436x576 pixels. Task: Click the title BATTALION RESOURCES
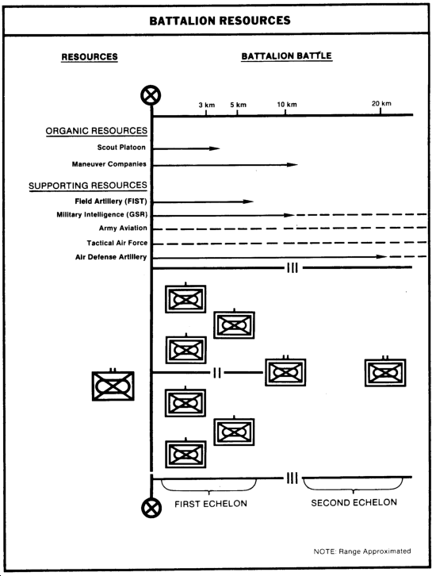(220, 21)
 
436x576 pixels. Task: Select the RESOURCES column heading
(90, 57)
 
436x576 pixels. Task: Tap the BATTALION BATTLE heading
(287, 56)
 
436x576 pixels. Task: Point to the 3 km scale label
(207, 105)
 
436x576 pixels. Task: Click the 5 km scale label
(238, 105)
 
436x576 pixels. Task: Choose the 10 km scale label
(287, 104)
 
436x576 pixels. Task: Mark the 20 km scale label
(381, 103)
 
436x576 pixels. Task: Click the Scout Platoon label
(121, 148)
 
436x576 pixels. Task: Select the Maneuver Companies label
(109, 164)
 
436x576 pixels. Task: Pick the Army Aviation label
(123, 228)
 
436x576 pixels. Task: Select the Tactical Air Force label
(117, 243)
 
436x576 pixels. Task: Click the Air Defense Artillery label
(111, 257)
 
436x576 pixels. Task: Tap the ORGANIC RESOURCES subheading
(97, 131)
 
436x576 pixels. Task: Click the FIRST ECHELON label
(211, 504)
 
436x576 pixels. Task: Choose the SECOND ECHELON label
(354, 502)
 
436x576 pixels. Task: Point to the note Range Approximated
(362, 551)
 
